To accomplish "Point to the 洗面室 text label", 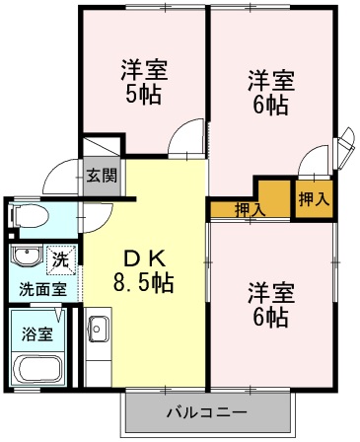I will point(43,289).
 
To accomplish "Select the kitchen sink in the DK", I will point(97,328).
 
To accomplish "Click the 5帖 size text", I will point(144,96).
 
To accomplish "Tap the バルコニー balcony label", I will point(207,410).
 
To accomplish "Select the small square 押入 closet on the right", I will point(314,198).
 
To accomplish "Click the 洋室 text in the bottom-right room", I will point(269,292).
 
